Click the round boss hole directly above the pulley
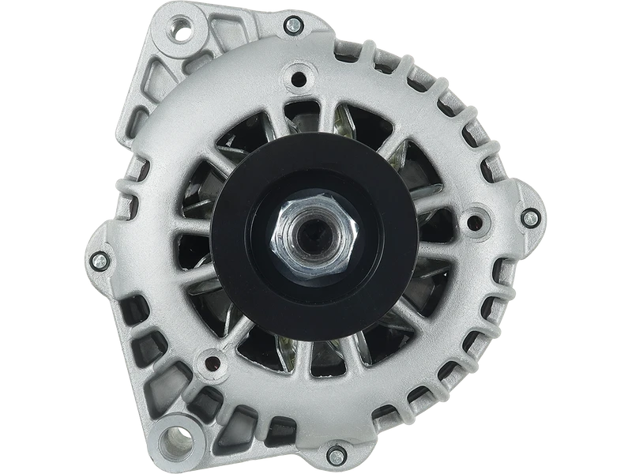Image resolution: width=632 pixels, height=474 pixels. point(299,79)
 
